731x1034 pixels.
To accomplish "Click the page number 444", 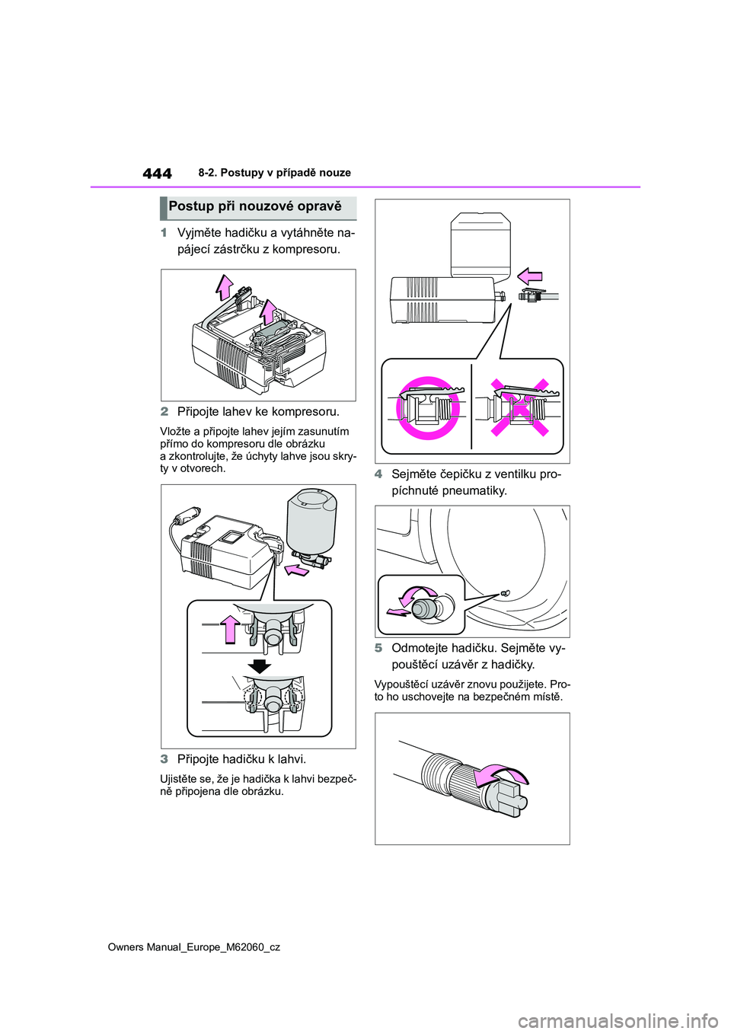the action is pyautogui.click(x=157, y=174).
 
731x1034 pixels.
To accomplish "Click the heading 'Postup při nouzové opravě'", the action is pyautogui.click(x=255, y=206).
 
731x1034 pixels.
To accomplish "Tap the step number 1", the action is pyautogui.click(x=164, y=232).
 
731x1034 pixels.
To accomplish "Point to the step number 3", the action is pyautogui.click(x=164, y=759).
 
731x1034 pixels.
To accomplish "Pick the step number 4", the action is pyautogui.click(x=378, y=474).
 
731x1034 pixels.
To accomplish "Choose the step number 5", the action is pyautogui.click(x=378, y=649).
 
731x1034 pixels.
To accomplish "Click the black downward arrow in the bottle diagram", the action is pyautogui.click(x=259, y=667).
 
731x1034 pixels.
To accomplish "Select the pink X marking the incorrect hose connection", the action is pyautogui.click(x=519, y=407).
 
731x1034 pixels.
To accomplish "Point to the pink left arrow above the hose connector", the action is pyautogui.click(x=529, y=277).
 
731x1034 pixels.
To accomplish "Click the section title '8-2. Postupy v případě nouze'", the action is pyautogui.click(x=275, y=173).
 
